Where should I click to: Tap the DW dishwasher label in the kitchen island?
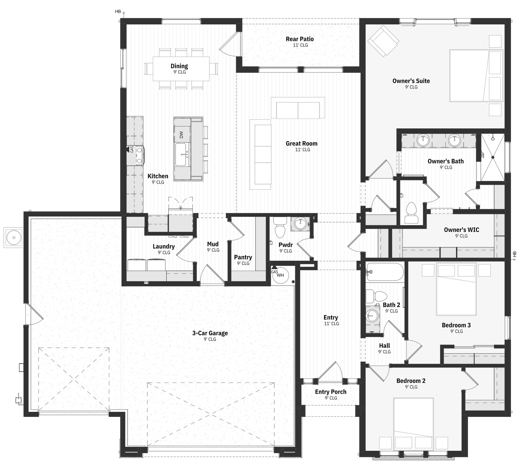pyautogui.click(x=181, y=135)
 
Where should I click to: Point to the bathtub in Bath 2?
pyautogui.click(x=385, y=272)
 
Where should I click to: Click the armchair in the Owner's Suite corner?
pyautogui.click(x=383, y=41)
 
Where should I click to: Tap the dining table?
pyautogui.click(x=181, y=69)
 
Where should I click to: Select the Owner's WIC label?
pyautogui.click(x=461, y=230)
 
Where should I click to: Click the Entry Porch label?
pyautogui.click(x=331, y=392)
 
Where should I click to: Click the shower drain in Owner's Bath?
pyautogui.click(x=493, y=157)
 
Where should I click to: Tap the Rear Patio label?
pyautogui.click(x=300, y=39)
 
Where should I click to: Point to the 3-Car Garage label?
pyautogui.click(x=210, y=333)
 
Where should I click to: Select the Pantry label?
pyautogui.click(x=243, y=257)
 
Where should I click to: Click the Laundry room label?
pyautogui.click(x=164, y=246)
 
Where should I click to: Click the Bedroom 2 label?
pyautogui.click(x=411, y=381)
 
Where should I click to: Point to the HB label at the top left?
pyautogui.click(x=118, y=11)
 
